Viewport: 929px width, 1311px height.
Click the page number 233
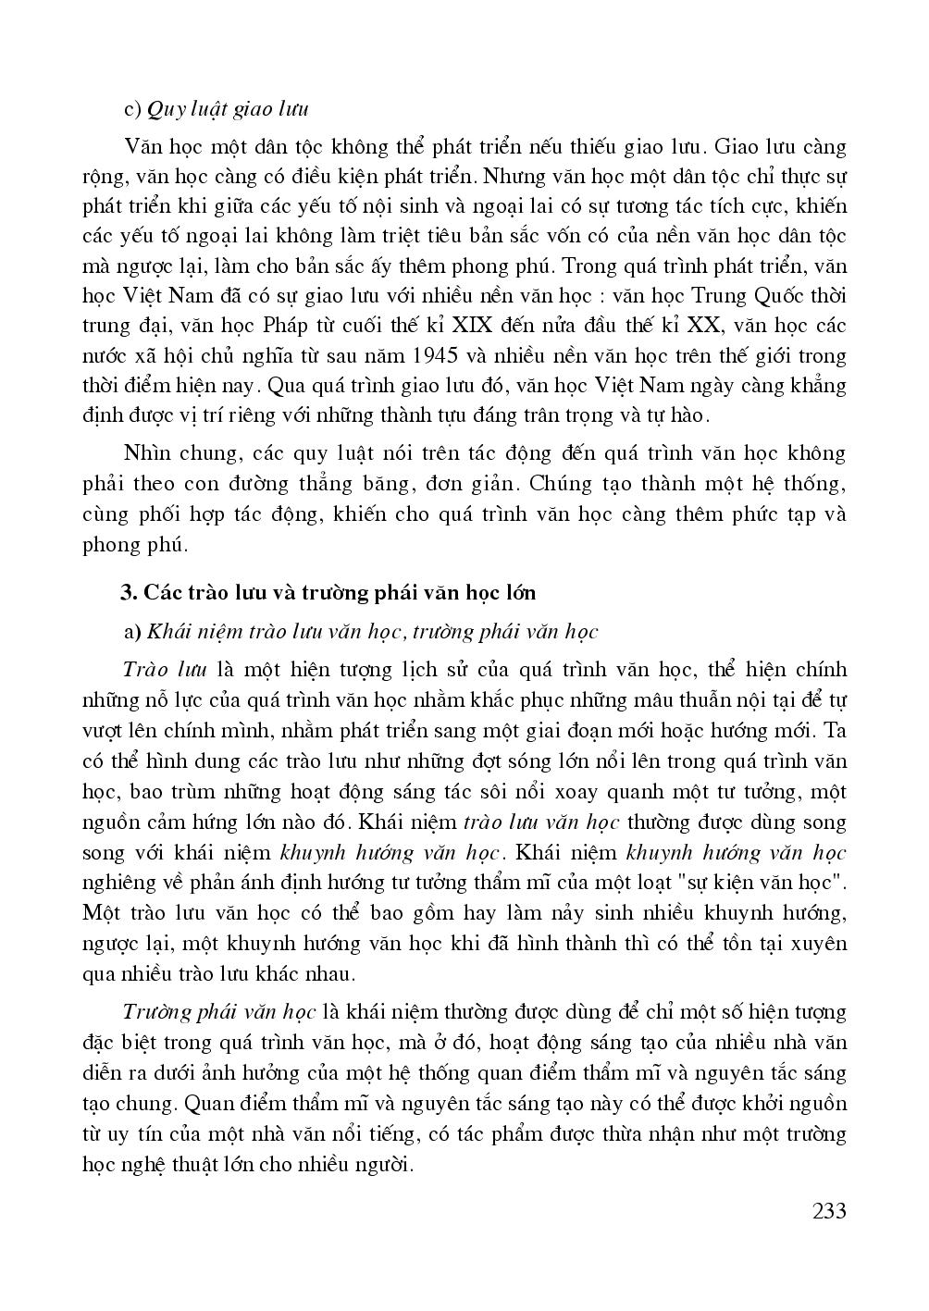[828, 1211]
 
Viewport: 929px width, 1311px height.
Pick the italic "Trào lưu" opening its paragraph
[164, 670]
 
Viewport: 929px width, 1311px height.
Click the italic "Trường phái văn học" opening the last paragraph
[220, 1011]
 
